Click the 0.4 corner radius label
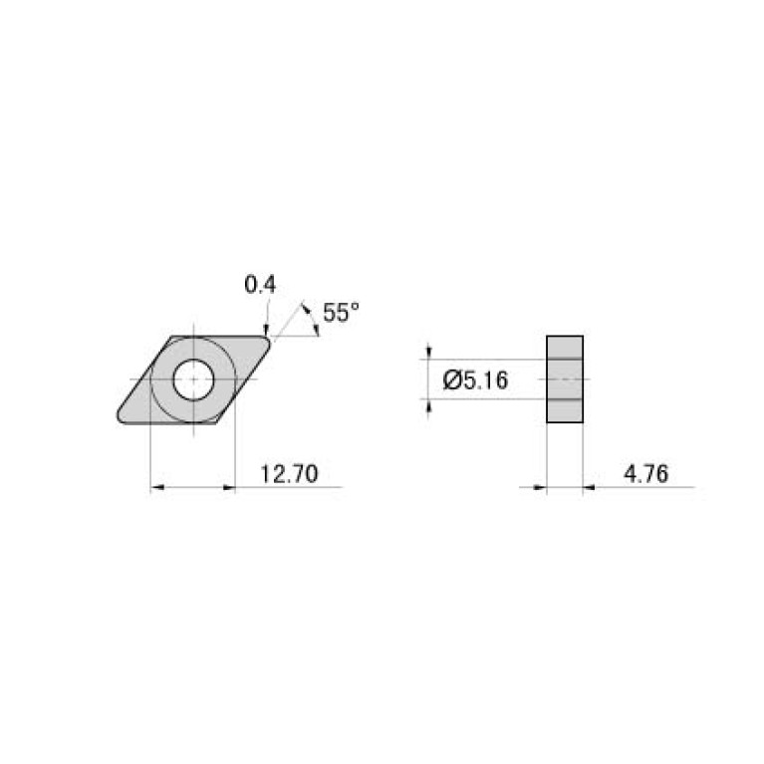coord(260,285)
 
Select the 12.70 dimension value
coord(288,475)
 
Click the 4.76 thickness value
coord(645,475)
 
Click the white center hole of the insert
coord(192,379)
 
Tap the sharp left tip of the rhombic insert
coord(119,417)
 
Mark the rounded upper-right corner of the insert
coord(266,342)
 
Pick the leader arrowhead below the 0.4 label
coord(266,328)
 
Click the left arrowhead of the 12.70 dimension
coord(156,487)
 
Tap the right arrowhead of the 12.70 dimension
coord(229,487)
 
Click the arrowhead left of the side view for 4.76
coord(540,487)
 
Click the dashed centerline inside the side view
coord(565,379)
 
